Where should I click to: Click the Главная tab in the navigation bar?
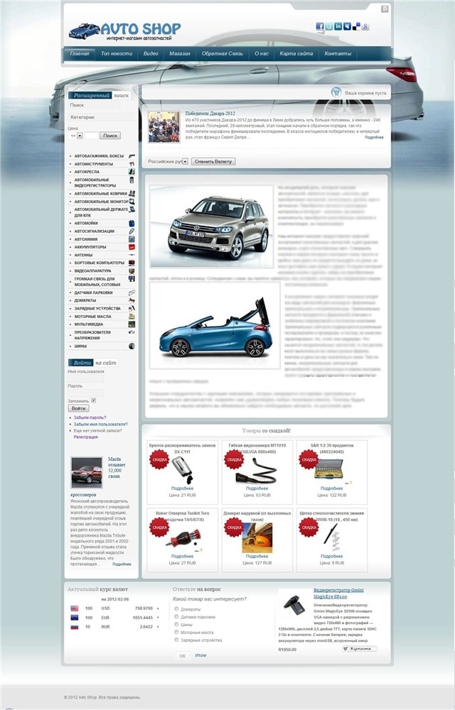click(80, 54)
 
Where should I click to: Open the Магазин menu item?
click(180, 54)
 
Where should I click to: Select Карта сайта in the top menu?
click(296, 54)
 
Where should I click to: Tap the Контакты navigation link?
click(338, 54)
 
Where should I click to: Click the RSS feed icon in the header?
click(385, 9)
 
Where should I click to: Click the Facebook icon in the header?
click(320, 26)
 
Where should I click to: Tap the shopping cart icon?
click(336, 92)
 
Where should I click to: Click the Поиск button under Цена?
click(110, 135)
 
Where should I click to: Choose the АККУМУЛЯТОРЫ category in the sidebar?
click(90, 247)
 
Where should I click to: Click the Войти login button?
click(78, 408)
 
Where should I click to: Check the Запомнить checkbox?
click(93, 400)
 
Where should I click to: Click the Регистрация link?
click(85, 437)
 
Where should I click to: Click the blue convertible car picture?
click(214, 327)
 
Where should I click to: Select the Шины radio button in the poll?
click(176, 625)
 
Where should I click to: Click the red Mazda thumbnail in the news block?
click(87, 471)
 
